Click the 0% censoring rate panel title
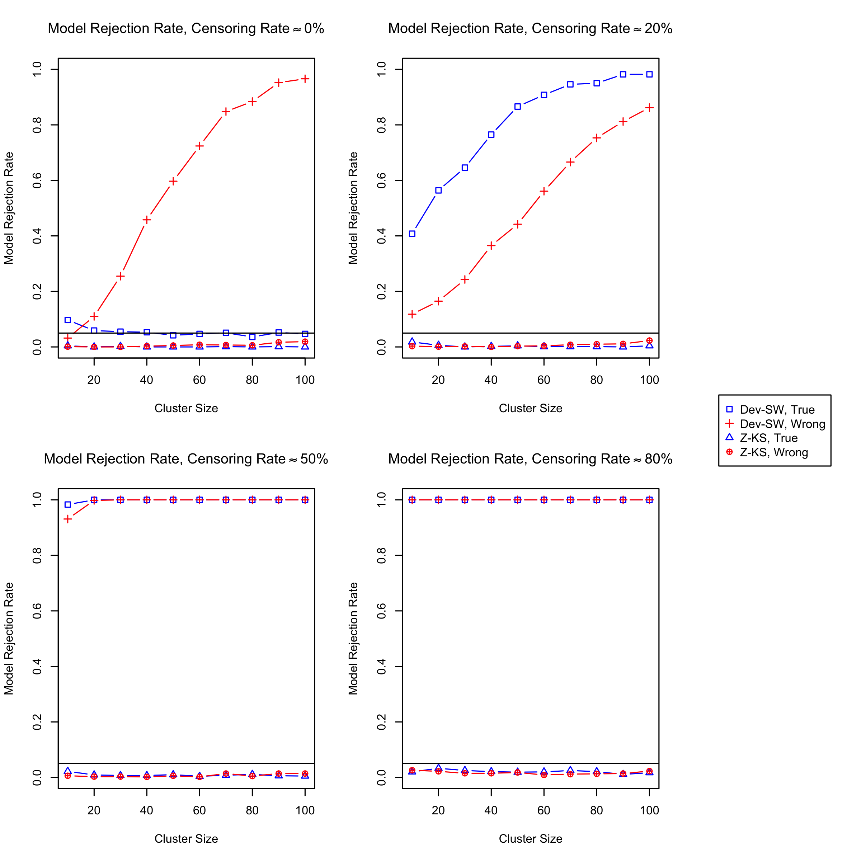[186, 29]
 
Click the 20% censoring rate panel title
[530, 29]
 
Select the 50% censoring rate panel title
[186, 459]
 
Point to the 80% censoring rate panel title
[530, 459]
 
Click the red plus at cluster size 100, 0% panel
[305, 79]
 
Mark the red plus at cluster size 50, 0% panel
[173, 181]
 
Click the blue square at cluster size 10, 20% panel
[412, 234]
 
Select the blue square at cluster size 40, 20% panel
[491, 135]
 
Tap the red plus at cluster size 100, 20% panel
[649, 108]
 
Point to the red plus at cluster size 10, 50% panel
[68, 519]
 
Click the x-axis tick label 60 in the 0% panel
[199, 380]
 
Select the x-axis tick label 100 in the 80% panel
[649, 811]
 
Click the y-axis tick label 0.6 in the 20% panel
[381, 180]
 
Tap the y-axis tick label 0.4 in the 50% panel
[37, 666]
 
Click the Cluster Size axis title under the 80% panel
[530, 839]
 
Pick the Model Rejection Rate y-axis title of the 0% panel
[9, 208]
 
